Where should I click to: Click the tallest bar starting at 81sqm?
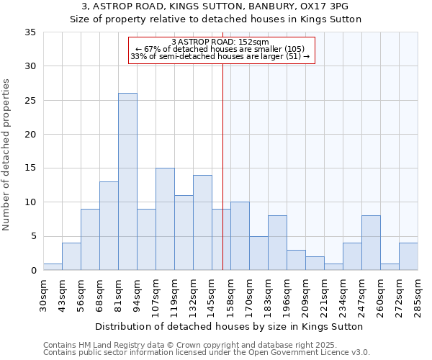coord(127,181)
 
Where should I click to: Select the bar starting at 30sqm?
coord(53,266)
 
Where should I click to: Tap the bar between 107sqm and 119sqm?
coord(165,219)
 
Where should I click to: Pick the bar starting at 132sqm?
coord(202,222)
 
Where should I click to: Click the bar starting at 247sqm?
coord(371,243)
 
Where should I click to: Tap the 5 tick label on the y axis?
coord(33,237)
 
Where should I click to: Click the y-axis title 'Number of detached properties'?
coord(7,155)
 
